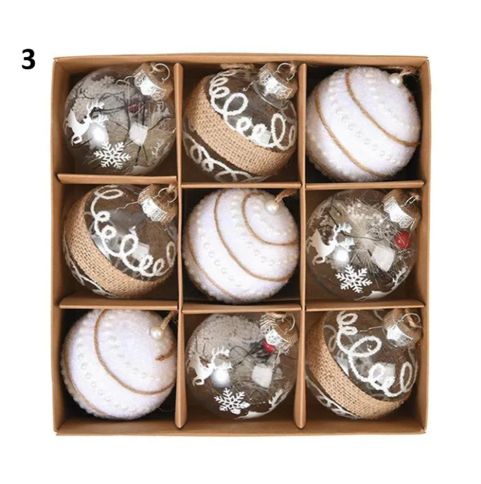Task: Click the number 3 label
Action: (28, 60)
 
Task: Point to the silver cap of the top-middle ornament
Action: (273, 80)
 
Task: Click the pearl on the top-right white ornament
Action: (395, 81)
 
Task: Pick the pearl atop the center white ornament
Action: (272, 207)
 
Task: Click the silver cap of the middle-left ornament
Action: (153, 204)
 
